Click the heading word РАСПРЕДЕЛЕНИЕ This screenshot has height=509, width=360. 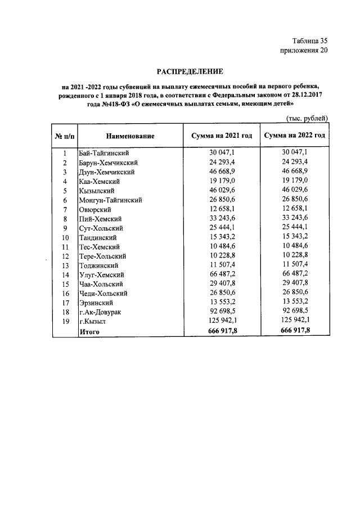pos(190,71)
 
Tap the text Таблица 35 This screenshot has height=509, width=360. pos(309,40)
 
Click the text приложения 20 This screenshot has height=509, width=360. pos(303,51)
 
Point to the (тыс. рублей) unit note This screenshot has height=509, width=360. pos(307,118)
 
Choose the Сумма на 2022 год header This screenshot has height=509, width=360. pos(295,136)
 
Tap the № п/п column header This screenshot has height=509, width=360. pos(65,136)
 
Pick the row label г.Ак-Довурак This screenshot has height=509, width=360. pos(101,312)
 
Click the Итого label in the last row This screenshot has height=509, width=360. pos(89,332)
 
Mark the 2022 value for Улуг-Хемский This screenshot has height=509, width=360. pos(295,274)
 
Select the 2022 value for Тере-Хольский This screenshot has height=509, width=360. pos(295,256)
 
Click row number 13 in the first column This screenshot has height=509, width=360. pos(65,265)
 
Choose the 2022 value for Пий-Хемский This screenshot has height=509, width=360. pos(295,219)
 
